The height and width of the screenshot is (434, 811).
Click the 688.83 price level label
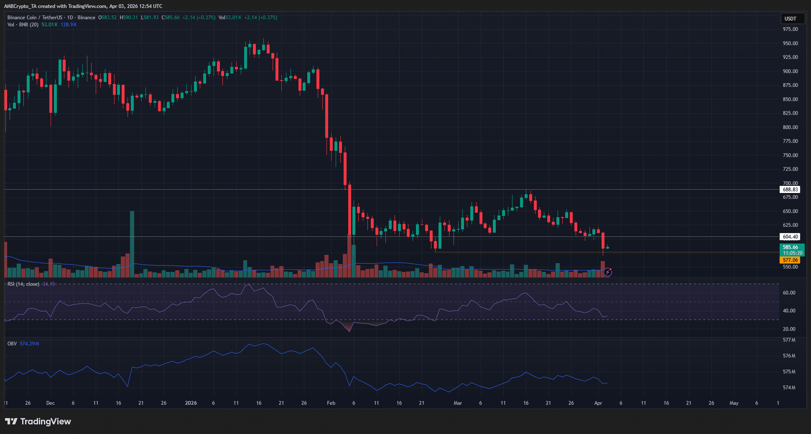790,189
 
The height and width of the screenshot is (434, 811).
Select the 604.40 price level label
790,236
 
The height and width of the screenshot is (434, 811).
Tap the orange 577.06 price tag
790,260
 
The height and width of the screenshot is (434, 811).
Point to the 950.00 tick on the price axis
790,44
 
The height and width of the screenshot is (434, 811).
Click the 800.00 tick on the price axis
790,127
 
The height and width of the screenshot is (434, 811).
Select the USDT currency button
790,19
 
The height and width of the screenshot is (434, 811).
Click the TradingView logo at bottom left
38,421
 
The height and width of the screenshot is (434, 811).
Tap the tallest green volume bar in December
132,243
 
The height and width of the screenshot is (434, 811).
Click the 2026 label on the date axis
191,403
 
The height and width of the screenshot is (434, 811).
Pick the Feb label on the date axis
331,403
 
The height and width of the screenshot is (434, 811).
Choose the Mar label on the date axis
458,403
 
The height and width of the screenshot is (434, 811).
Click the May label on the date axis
733,403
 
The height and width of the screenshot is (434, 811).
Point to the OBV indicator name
12,344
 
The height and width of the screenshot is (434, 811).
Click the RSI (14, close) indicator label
23,284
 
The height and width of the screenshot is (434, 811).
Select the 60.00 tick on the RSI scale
789,293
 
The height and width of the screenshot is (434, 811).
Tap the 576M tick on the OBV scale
789,356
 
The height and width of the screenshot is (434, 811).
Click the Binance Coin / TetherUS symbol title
51,18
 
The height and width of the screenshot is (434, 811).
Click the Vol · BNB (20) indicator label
23,25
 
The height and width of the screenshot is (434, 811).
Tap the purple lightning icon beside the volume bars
608,272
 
